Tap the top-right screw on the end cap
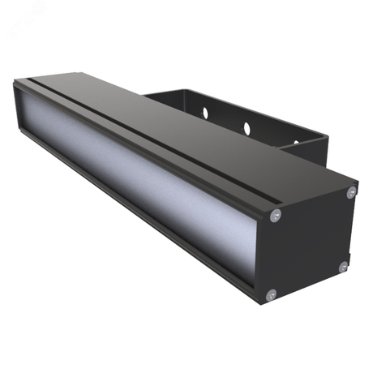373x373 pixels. [350, 192]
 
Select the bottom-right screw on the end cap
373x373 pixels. [343, 266]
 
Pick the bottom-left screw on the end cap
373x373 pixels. [271, 294]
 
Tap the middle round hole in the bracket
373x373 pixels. [247, 127]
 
